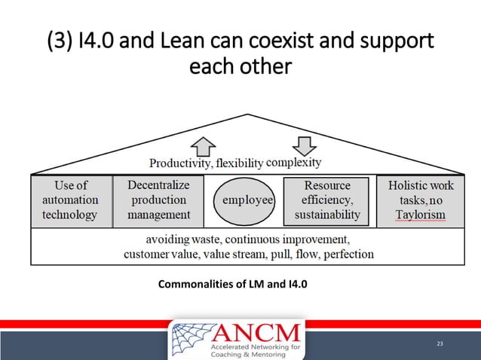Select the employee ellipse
[247, 200]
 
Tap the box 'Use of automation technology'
[71, 200]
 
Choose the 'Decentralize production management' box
[158, 200]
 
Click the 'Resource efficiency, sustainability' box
[326, 200]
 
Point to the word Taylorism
[421, 215]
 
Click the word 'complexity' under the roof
[294, 162]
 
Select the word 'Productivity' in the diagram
[181, 163]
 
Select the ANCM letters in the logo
[256, 331]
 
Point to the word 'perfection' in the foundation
[344, 254]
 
